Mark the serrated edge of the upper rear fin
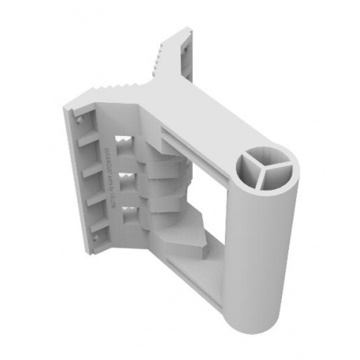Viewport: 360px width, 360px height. [159, 55]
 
